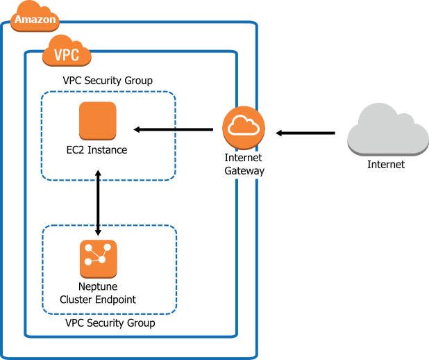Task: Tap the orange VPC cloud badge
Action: pos(67,53)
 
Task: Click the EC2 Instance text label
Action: pos(96,149)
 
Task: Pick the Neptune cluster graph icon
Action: pos(98,259)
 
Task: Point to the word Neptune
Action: pos(98,287)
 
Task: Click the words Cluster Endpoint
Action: pos(98,300)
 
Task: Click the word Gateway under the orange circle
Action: pos(244,170)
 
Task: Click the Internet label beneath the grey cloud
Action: pos(386,165)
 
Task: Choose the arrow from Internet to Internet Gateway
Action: pos(305,132)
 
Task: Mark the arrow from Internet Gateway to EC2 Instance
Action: pos(174,129)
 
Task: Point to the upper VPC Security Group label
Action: pos(108,81)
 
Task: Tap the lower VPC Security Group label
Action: pos(110,323)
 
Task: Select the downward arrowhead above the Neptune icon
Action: pos(98,231)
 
